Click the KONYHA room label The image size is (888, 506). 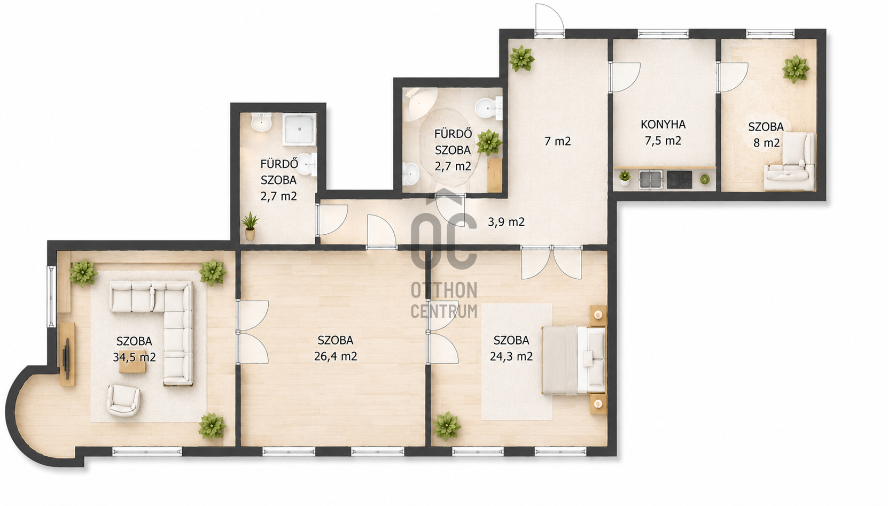tap(663, 125)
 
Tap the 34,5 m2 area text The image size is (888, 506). tap(134, 357)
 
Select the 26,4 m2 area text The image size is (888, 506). tap(336, 356)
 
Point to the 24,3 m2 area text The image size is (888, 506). tap(511, 356)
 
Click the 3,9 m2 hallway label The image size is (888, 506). tap(506, 222)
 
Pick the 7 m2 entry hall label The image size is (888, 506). tap(557, 141)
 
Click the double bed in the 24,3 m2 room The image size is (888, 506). tap(574, 360)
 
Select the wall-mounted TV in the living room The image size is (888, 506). tap(67, 359)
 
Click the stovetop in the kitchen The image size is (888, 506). tap(679, 179)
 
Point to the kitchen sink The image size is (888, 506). tap(651, 179)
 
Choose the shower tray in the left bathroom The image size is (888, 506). tap(300, 129)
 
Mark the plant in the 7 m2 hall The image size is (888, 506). tap(521, 59)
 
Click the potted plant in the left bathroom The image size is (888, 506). tap(250, 226)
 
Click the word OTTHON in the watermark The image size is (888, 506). tap(444, 291)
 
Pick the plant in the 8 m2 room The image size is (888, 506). tap(796, 70)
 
